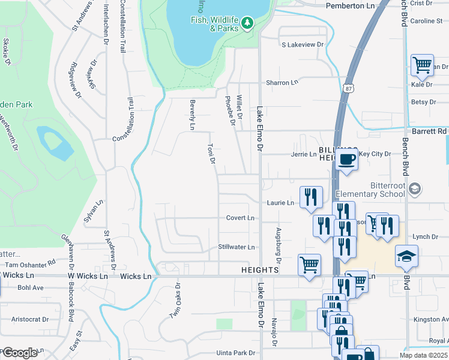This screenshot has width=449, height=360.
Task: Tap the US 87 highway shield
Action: click(349, 88)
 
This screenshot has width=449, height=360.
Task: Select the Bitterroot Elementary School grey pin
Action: click(414, 190)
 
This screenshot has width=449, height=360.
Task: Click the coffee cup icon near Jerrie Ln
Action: click(347, 159)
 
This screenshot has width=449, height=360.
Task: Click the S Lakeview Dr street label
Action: click(303, 44)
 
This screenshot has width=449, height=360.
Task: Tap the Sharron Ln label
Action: click(282, 82)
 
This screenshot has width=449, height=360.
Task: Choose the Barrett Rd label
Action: click(430, 130)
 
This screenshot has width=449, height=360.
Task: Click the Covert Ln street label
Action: click(240, 218)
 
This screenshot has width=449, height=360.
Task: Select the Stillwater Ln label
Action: click(237, 247)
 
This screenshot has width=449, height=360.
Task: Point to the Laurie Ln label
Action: click(281, 203)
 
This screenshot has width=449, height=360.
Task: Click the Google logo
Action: click(19, 353)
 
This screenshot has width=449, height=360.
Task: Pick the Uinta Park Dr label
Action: click(237, 353)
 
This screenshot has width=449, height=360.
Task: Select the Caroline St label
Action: click(426, 21)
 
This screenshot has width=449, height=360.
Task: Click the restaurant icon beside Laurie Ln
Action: click(311, 196)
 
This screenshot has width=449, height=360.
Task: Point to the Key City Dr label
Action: click(375, 154)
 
